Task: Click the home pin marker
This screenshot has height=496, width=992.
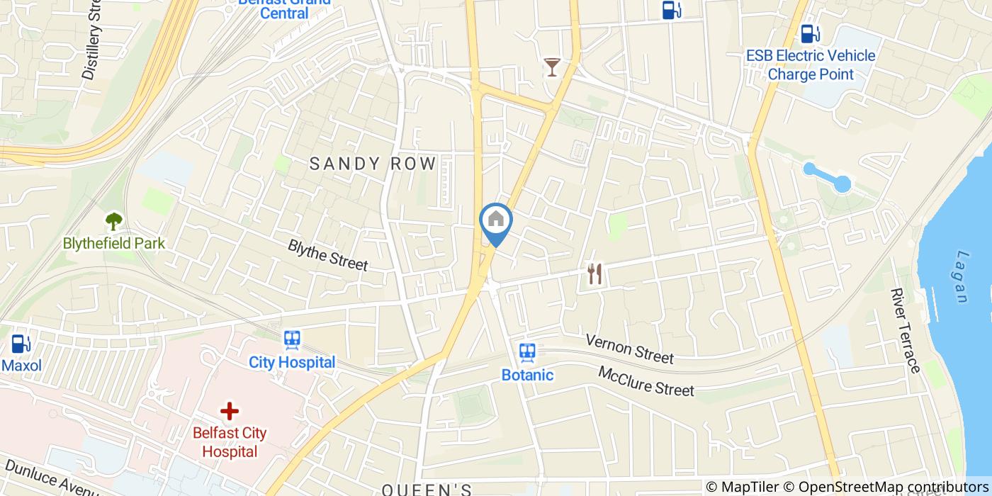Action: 496,220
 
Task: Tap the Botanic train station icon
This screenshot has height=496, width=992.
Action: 527,352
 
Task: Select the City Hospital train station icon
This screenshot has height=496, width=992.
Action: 292,341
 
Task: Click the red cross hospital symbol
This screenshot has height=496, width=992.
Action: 229,411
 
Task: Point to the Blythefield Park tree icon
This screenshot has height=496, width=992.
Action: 113,222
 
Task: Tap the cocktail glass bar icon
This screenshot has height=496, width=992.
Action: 552,67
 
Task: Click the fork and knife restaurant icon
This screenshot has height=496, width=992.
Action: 594,274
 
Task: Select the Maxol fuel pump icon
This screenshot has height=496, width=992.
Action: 21,344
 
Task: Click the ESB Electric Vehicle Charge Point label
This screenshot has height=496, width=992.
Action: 811,64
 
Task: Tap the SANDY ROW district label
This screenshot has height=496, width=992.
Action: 373,164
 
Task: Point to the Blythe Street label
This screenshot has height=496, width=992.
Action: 328,255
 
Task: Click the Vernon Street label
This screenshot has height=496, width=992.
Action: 629,348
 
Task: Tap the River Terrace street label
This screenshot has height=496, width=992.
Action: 906,330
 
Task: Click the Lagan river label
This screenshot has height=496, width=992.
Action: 962,276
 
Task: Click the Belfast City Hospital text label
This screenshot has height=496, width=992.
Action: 230,441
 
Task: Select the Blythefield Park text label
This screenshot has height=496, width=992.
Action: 113,244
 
